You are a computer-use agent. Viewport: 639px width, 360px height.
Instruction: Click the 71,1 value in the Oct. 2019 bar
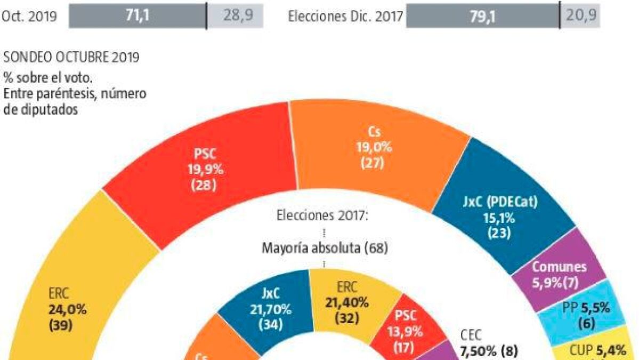click(x=137, y=17)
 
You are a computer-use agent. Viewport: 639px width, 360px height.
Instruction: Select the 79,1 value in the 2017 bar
click(x=483, y=17)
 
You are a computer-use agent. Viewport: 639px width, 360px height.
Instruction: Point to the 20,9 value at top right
click(x=579, y=17)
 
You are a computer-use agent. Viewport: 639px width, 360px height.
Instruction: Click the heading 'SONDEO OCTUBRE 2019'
click(x=71, y=58)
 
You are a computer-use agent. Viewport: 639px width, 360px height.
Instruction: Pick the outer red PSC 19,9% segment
click(x=205, y=171)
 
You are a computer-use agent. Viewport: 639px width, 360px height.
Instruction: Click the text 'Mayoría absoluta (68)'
click(x=324, y=248)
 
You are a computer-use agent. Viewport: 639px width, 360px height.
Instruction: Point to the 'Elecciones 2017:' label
click(x=323, y=216)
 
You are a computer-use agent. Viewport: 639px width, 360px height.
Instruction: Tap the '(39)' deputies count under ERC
click(x=60, y=325)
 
